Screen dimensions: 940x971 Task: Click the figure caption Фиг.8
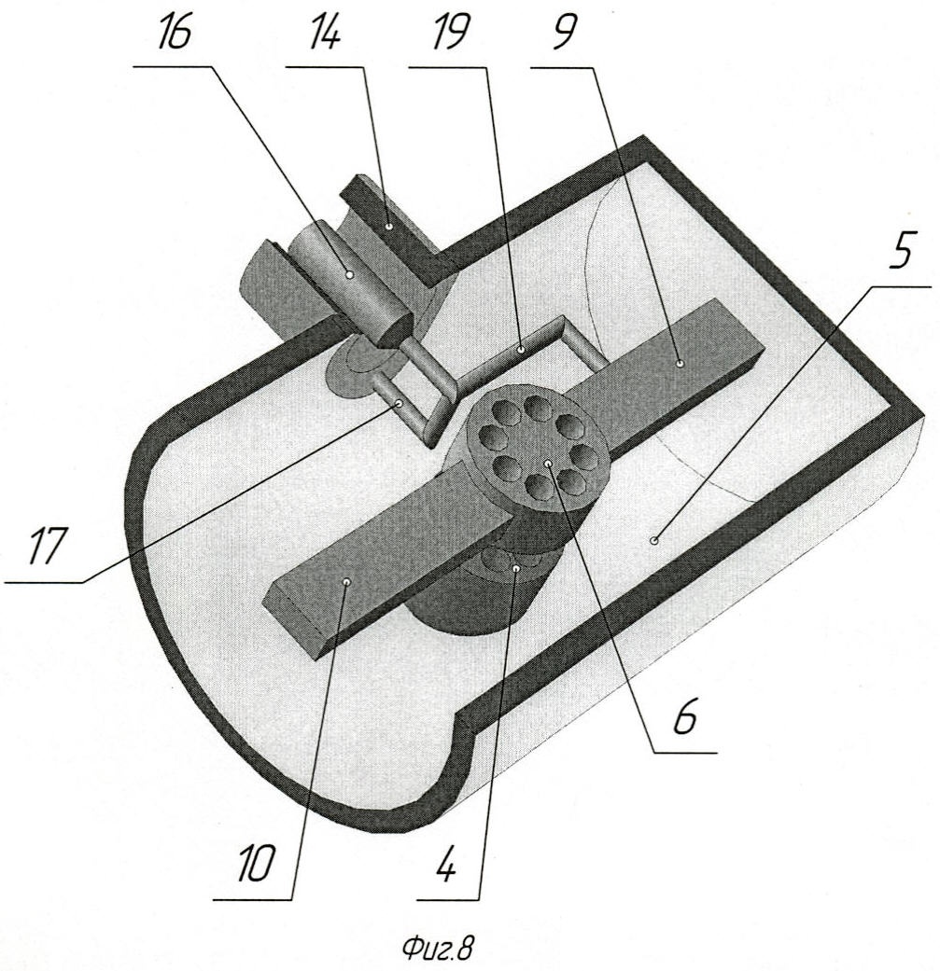tap(439, 947)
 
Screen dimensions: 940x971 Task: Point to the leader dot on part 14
tap(388, 226)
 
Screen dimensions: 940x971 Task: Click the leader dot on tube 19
tap(522, 350)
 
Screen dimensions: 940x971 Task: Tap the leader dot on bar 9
tap(680, 363)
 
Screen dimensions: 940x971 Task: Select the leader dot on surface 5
tap(653, 541)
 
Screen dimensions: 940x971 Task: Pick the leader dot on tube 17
tap(400, 403)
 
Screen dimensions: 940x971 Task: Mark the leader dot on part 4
tap(515, 566)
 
